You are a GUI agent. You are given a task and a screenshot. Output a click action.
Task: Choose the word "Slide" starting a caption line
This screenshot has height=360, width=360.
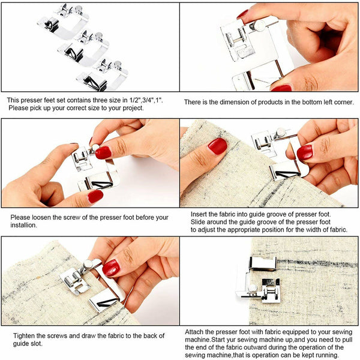200,221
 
